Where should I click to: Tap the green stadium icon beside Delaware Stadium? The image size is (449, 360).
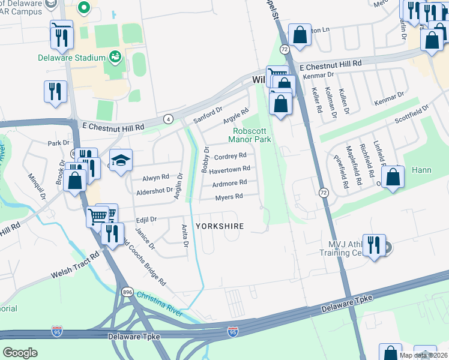115,58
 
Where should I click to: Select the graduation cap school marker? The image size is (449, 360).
121,161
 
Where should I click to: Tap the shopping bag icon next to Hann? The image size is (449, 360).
392,177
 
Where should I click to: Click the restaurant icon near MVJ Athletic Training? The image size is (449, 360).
374,245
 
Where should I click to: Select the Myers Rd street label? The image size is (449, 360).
229,197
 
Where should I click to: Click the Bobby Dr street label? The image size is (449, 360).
205,160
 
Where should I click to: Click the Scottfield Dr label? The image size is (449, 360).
411,115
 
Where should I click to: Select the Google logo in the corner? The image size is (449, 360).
20,352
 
